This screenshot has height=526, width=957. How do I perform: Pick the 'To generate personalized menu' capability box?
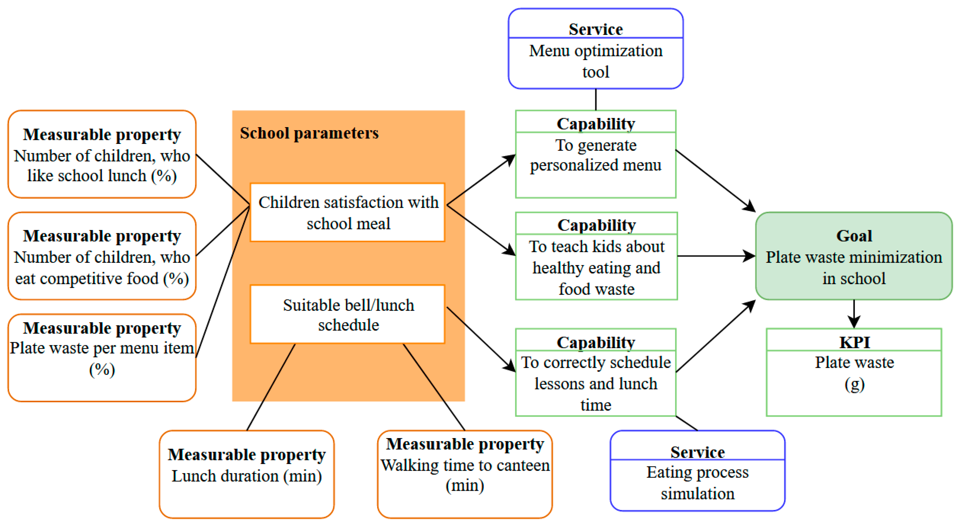[x=595, y=154]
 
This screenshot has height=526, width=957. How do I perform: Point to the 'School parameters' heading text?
[x=309, y=133]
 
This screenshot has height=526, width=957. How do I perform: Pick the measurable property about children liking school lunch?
[x=102, y=154]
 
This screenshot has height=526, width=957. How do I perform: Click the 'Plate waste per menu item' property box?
[x=102, y=358]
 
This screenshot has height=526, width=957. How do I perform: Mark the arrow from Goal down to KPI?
[x=854, y=314]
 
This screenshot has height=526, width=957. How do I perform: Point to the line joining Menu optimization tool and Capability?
[x=595, y=99]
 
